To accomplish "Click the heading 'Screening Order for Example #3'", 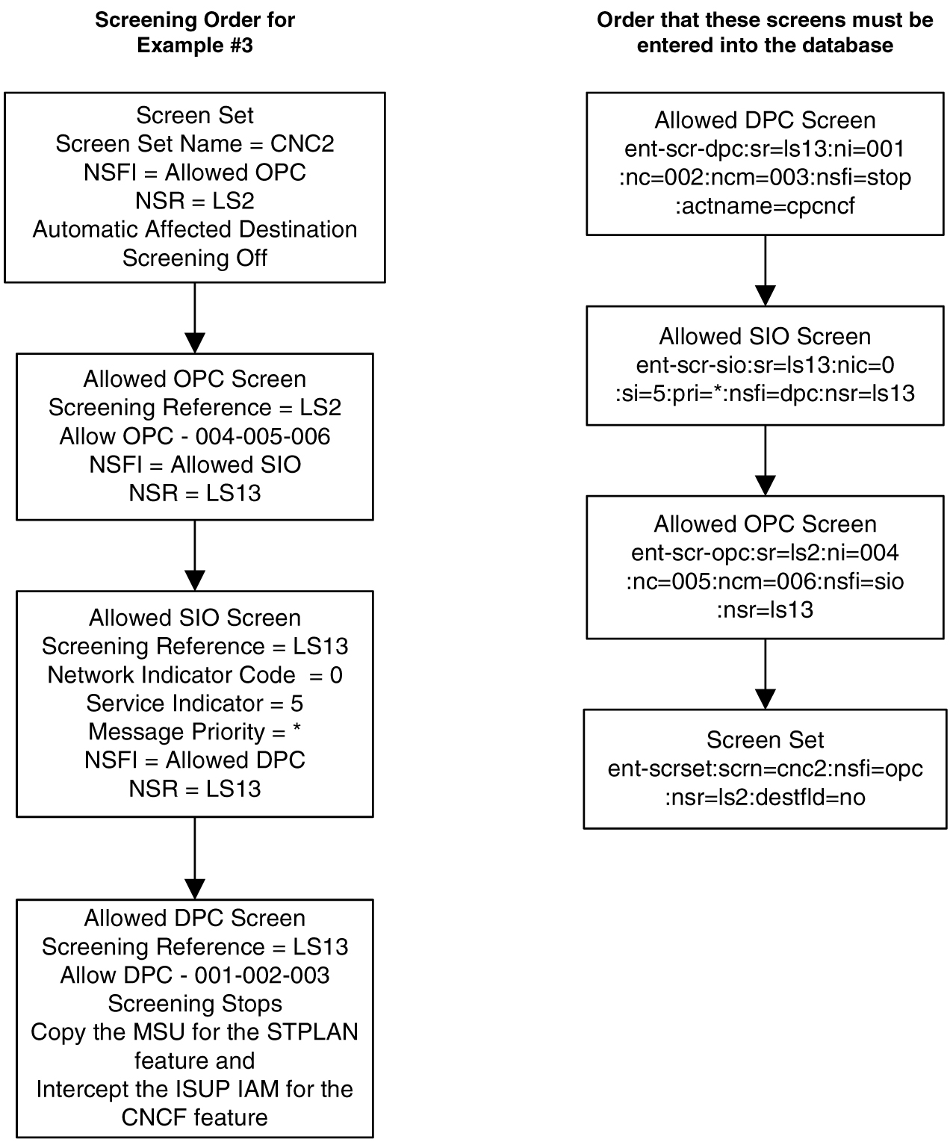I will (x=194, y=32).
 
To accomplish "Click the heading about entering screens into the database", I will (x=765, y=32).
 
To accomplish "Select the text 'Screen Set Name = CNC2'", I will (x=194, y=143).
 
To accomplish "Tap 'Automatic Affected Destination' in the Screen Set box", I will (x=194, y=229).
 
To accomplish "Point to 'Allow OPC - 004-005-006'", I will (x=194, y=436).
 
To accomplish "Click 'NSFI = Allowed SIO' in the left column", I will (x=194, y=465).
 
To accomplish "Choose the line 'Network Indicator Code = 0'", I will (x=194, y=675).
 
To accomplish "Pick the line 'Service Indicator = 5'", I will (x=194, y=704).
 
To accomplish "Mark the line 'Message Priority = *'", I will (x=194, y=732).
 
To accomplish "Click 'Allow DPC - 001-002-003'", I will (x=194, y=975).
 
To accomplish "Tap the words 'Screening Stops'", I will (x=194, y=1004).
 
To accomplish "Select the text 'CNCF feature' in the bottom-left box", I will (x=194, y=1117).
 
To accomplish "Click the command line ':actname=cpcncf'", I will (x=765, y=206).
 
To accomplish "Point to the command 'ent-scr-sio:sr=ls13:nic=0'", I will (x=765, y=365).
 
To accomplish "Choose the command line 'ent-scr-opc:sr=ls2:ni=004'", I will (x=765, y=553).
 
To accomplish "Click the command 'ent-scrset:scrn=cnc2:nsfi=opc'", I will (x=765, y=769).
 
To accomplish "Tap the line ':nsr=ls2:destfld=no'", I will (x=765, y=798).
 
